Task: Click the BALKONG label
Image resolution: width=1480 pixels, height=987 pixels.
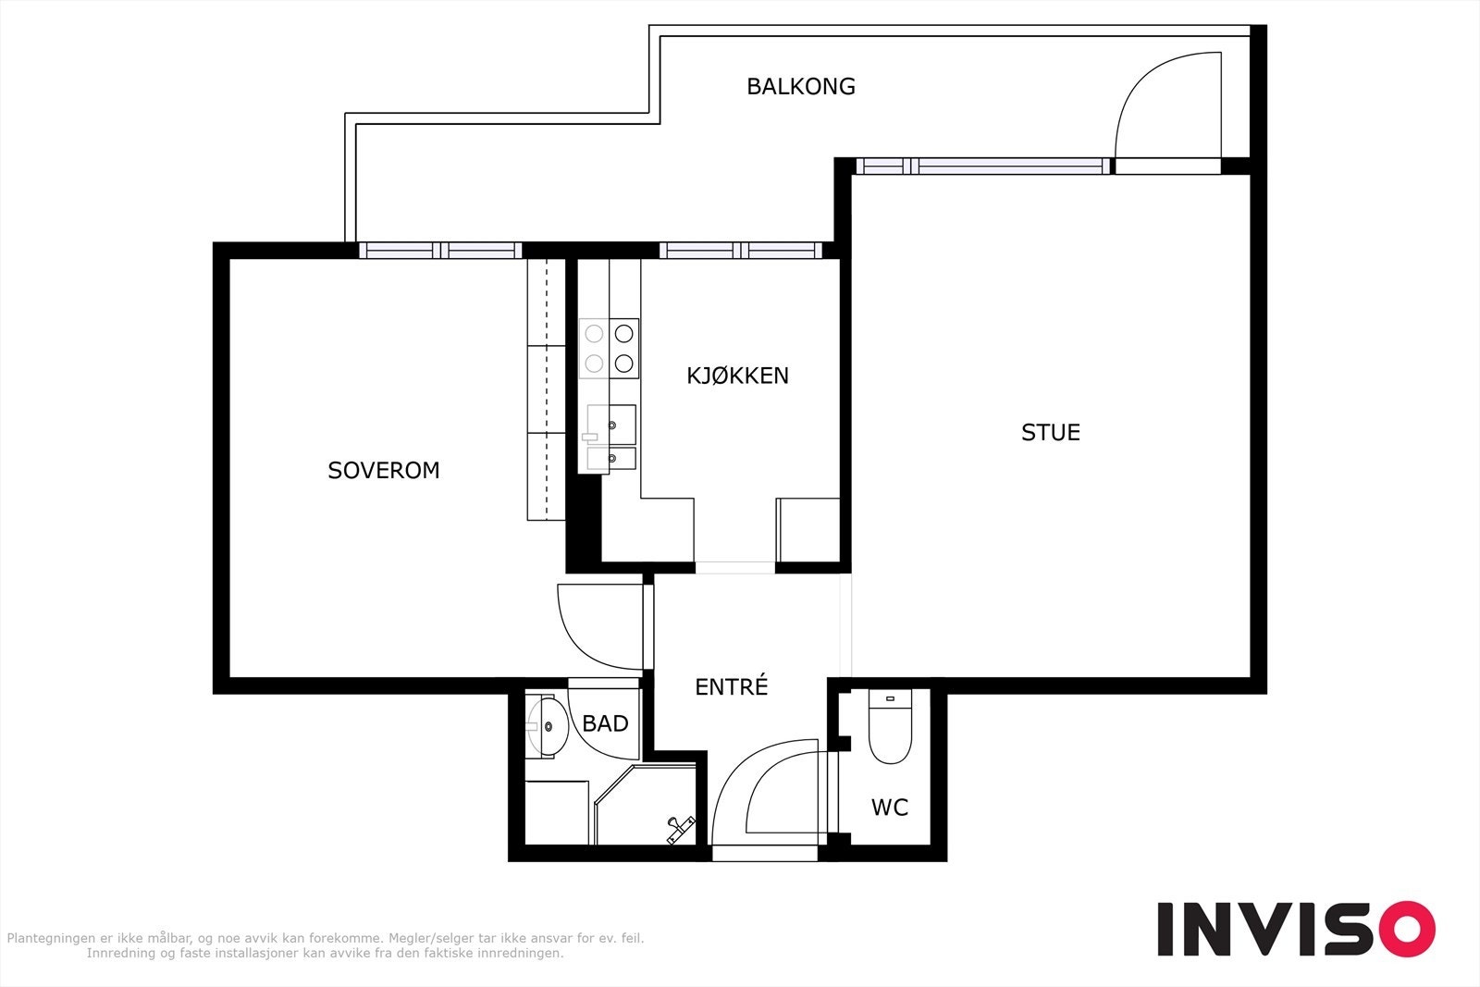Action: click(x=801, y=87)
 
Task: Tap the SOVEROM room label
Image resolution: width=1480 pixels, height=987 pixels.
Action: click(x=384, y=471)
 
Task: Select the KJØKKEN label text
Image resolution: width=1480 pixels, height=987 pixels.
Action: click(x=737, y=376)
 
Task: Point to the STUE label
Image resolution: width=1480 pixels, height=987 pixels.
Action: click(x=1051, y=432)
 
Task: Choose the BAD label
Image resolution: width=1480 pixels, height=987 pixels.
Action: click(x=605, y=723)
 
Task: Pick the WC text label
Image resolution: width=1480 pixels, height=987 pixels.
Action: click(x=889, y=808)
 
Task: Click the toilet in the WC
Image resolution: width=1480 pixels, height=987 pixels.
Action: click(x=889, y=726)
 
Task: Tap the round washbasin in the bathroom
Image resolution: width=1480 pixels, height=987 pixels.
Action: click(x=548, y=727)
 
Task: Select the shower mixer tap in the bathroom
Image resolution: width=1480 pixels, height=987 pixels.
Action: click(x=681, y=830)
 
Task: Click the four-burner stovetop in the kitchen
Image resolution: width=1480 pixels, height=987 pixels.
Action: click(x=609, y=348)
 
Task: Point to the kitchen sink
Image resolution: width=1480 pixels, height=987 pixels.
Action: click(x=611, y=438)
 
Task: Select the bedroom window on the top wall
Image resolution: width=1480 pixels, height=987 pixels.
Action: click(x=440, y=251)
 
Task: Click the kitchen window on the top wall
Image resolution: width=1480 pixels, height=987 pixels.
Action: click(x=741, y=251)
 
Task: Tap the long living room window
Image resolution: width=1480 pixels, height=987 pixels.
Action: click(x=983, y=166)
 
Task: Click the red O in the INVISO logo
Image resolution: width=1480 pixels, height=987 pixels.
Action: click(x=1407, y=928)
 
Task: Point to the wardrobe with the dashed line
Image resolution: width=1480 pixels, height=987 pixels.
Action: click(x=547, y=389)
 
